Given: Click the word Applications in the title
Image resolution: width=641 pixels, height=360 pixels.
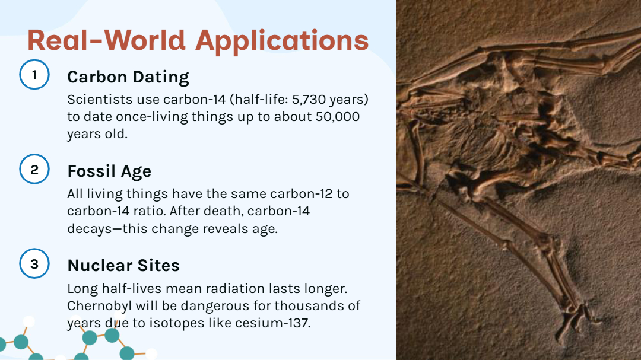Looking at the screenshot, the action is [x=282, y=42].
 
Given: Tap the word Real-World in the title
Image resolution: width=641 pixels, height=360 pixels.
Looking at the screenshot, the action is [x=106, y=40].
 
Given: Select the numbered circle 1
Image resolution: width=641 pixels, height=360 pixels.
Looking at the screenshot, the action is [x=34, y=75].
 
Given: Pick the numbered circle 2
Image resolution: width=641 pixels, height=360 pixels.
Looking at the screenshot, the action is [x=34, y=169].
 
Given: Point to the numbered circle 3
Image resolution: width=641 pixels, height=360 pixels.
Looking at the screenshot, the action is [x=34, y=263].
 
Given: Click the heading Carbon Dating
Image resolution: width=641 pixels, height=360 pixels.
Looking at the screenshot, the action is [x=128, y=77].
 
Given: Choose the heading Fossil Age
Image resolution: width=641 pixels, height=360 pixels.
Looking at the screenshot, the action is [x=109, y=171].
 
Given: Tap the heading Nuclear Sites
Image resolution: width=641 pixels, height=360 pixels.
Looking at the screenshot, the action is [x=123, y=266].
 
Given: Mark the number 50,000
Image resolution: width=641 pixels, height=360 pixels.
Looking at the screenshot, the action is [x=338, y=117].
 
